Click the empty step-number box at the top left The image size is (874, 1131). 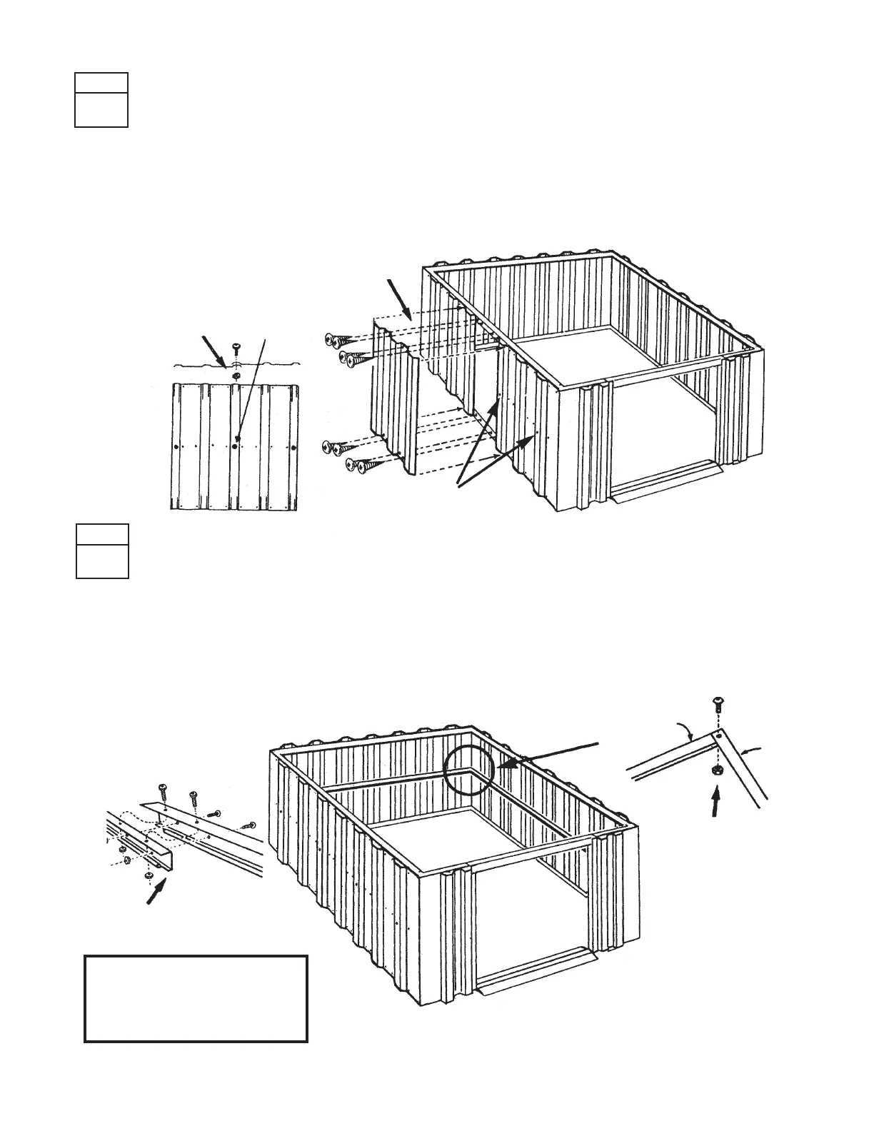tap(101, 100)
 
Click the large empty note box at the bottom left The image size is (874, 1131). tap(196, 998)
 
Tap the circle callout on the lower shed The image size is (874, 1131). tap(468, 770)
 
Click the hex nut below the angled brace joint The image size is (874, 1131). tap(718, 771)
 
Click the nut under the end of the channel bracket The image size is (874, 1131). tap(149, 875)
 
